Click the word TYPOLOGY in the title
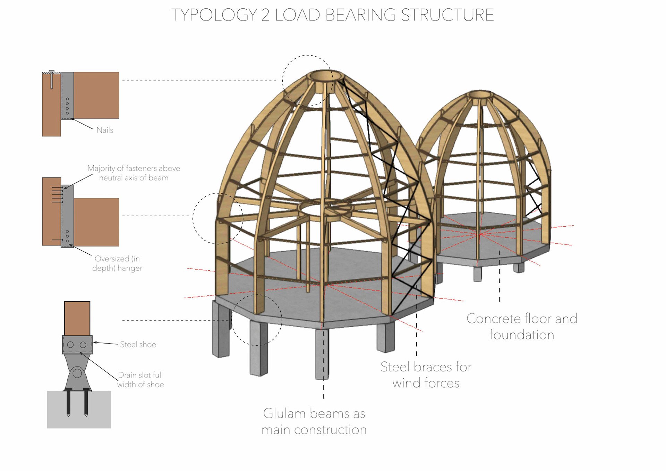pos(214,15)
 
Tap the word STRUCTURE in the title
pos(447,15)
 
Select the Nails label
pos(105,130)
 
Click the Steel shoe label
pos(138,345)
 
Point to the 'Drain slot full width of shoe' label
pos(140,380)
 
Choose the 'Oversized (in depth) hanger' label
pos(117,263)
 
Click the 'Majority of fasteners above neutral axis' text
pos(134,173)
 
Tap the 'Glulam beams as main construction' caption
pos(314,421)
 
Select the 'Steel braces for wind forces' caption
pos(426,375)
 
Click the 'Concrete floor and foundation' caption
pos(522,327)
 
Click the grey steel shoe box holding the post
pos(77,345)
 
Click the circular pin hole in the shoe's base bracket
pos(77,373)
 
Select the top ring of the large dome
pos(326,76)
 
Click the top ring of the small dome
pos(480,94)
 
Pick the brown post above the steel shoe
pos(77,318)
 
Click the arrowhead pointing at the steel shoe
pos(95,343)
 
